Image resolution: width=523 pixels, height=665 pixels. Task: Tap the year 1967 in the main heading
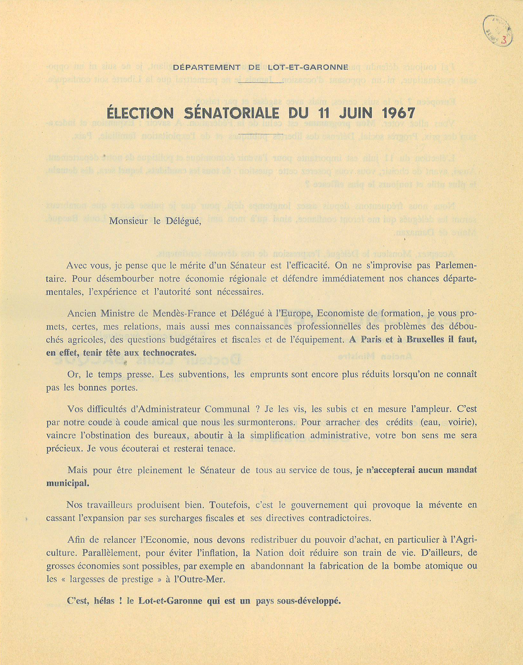398,113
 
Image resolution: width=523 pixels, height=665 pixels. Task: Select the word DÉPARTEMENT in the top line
207,67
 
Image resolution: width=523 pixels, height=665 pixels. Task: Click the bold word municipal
67,483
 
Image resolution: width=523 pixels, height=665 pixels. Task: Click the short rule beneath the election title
261,133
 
